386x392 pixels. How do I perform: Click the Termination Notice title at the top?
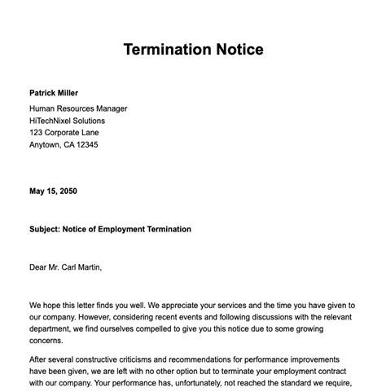tap(193, 50)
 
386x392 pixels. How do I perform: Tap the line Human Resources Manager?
tap(78, 108)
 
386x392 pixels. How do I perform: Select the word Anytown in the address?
tap(46, 145)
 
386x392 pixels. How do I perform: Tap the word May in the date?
tap(37, 192)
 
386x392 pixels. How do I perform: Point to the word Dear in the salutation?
tap(38, 266)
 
